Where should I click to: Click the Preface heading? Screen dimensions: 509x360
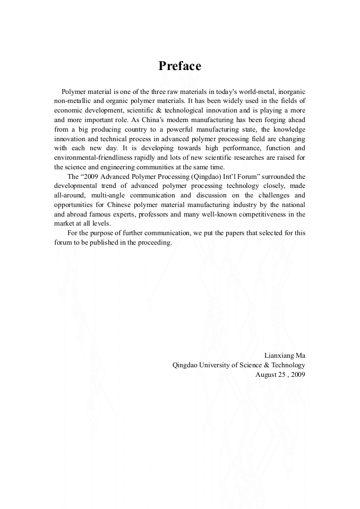(x=180, y=66)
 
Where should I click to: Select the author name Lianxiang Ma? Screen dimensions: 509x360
(x=285, y=355)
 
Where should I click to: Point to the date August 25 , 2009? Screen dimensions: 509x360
(x=280, y=374)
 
